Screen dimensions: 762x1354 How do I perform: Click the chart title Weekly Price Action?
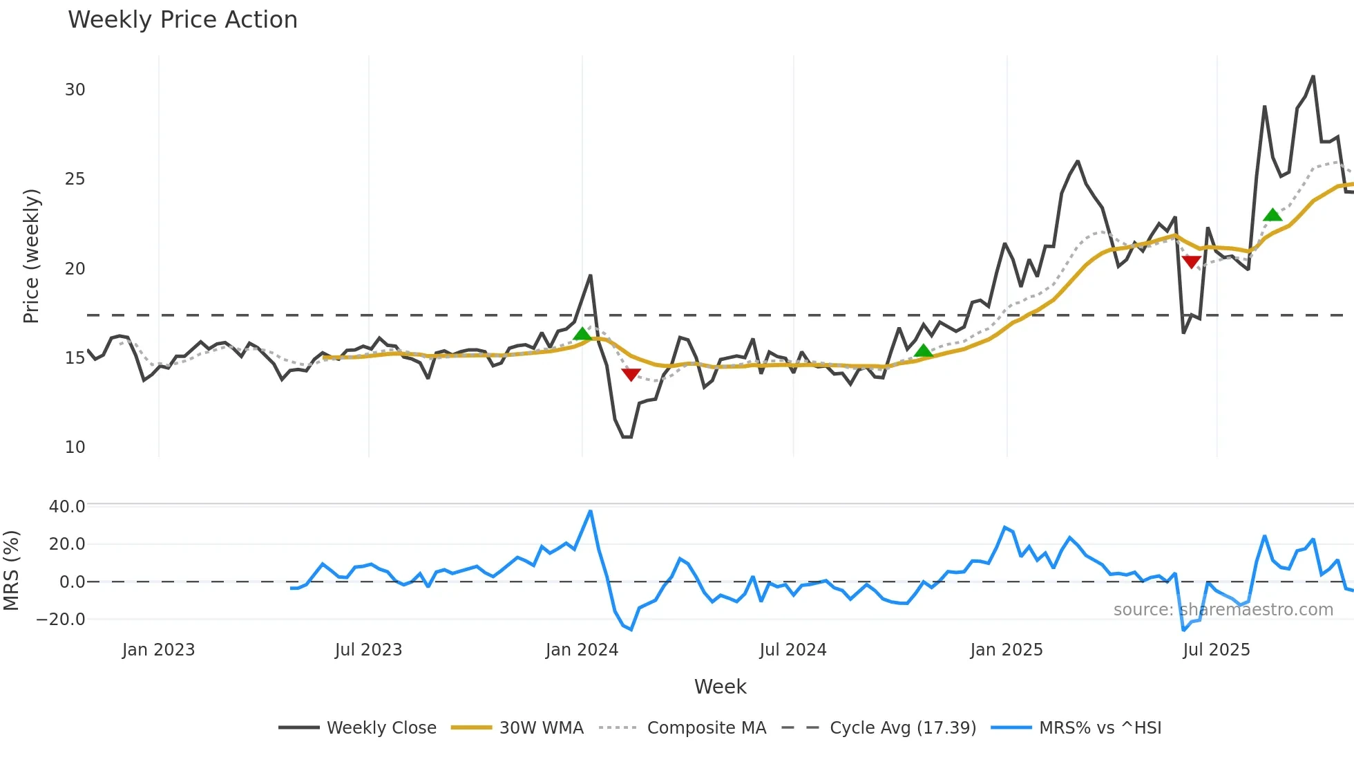182,20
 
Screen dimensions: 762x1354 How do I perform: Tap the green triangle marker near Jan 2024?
582,335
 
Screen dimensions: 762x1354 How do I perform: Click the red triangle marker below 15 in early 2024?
631,374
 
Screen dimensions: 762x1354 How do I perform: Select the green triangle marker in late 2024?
923,351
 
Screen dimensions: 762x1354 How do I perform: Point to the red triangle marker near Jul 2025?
1191,261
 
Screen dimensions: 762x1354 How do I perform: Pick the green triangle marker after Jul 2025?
1272,215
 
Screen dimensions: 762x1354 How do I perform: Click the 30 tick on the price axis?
75,90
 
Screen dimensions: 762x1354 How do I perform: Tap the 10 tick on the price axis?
75,447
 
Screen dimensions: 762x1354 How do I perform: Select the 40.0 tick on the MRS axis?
67,507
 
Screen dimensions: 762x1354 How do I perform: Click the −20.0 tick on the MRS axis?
61,620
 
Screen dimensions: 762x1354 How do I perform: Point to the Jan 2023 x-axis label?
158,650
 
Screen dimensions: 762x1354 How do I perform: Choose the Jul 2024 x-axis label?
792,650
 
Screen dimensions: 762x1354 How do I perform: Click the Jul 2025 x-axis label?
1216,650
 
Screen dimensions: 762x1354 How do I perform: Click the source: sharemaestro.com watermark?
1223,610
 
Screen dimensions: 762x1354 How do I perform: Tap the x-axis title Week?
720,687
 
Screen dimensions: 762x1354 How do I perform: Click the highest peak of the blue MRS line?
590,512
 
